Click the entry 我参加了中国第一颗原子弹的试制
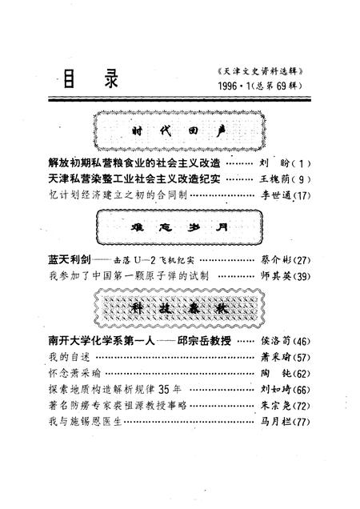point(128,276)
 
